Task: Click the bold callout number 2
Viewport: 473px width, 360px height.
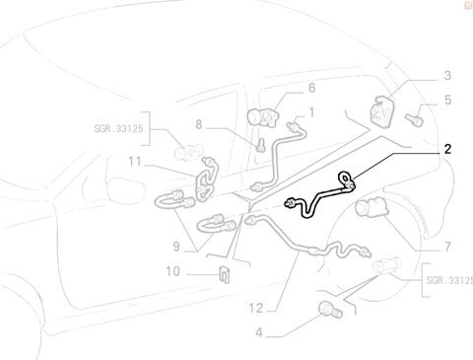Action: point(447,149)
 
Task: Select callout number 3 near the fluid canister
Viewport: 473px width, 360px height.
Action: point(447,76)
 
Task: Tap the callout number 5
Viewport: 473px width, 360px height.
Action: point(447,100)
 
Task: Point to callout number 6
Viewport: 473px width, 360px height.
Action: point(311,88)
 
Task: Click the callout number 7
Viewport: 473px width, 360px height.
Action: point(447,247)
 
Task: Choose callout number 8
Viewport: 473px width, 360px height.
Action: point(199,125)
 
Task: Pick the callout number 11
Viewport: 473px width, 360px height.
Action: point(135,162)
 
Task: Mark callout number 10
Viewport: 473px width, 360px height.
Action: point(172,271)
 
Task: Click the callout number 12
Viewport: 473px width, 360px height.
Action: point(256,309)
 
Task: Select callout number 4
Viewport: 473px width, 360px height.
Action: point(259,333)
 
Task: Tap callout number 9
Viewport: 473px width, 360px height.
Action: point(176,247)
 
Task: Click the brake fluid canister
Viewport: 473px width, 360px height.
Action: point(383,111)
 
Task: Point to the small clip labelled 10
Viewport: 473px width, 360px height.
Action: point(225,274)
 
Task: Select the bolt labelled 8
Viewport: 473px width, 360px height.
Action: point(261,145)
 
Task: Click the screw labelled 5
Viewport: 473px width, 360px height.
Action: point(414,119)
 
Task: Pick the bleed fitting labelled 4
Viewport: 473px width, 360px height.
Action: point(330,310)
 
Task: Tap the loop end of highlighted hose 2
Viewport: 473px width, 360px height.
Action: point(343,178)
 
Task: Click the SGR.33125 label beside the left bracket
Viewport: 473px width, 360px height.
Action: point(118,128)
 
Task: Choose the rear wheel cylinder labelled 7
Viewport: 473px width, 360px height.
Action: point(372,207)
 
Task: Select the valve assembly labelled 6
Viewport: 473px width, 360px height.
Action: point(263,116)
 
